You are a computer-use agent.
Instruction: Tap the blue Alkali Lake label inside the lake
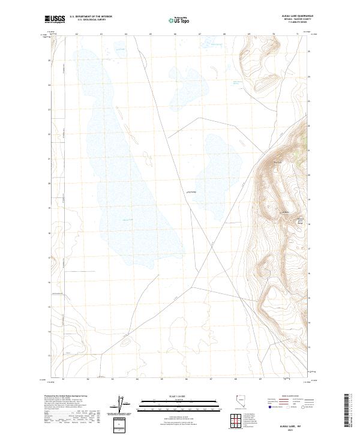pyautogui.click(x=128, y=220)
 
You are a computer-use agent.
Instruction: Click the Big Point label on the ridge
pyautogui.click(x=278, y=161)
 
